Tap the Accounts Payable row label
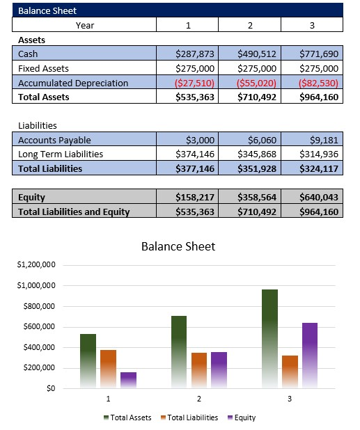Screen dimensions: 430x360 click(54, 140)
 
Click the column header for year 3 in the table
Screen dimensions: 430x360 click(311, 25)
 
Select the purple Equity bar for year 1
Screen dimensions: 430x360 click(128, 380)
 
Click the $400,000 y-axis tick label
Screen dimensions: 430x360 click(41, 348)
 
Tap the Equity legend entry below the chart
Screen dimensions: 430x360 click(242, 417)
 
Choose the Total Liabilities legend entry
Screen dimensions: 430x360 click(189, 417)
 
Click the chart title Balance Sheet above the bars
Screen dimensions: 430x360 click(178, 246)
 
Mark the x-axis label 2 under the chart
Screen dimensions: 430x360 click(199, 399)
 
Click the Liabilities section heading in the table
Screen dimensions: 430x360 click(38, 126)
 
